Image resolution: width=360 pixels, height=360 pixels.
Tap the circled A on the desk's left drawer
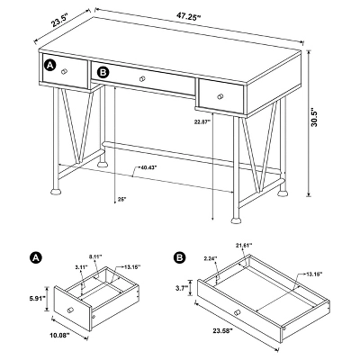coord(50,67)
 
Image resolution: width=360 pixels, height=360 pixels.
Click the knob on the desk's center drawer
coord(142,81)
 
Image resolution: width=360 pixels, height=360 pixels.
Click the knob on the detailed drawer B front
coord(236,311)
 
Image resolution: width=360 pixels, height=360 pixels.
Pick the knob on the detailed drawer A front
coord(71,312)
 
